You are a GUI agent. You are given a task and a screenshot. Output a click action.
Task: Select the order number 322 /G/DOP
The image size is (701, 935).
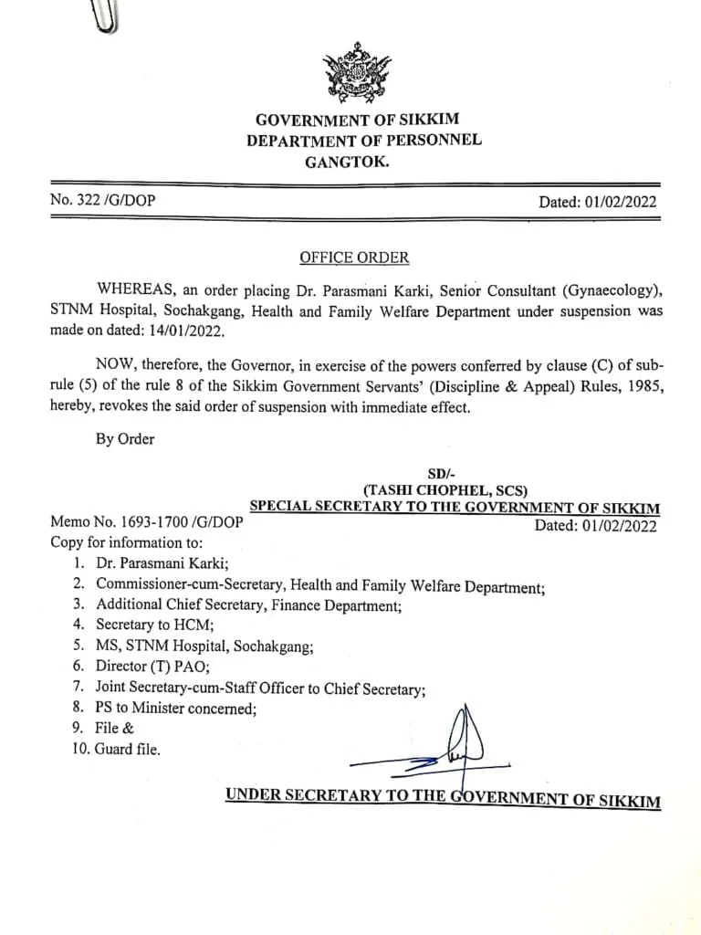(102, 201)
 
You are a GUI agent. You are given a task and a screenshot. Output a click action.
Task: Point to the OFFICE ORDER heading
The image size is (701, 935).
(354, 257)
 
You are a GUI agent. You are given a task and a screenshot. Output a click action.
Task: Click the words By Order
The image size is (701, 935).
(125, 438)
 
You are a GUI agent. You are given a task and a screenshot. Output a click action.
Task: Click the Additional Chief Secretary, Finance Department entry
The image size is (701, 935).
(248, 604)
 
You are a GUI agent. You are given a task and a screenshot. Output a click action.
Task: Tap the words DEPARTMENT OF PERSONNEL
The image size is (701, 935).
(363, 141)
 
